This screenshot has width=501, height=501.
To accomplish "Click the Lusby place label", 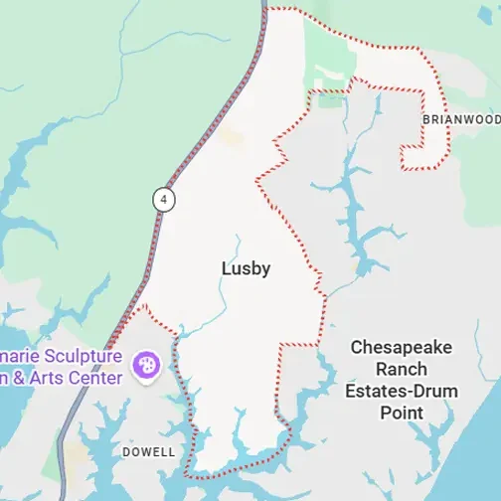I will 246,268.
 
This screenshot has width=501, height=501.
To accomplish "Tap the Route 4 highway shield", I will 162,199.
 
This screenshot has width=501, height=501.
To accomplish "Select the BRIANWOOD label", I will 461,118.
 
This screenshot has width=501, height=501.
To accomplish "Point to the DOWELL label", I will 148,452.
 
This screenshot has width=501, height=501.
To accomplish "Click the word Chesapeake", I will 402,347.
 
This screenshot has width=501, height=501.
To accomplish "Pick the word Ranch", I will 402,369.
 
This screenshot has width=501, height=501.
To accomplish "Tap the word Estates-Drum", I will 402,391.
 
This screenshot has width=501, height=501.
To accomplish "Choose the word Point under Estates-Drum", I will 402,413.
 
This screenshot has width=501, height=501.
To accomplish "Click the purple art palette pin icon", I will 146,365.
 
